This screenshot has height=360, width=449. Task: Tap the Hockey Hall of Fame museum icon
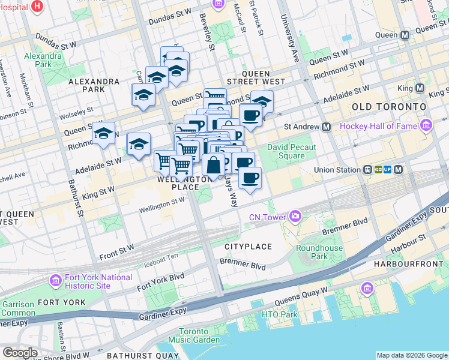tap(426, 125)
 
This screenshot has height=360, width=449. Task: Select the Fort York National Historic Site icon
tap(56, 281)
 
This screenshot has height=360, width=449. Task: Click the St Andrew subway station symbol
tap(327, 127)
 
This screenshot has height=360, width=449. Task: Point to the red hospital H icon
tap(37, 7)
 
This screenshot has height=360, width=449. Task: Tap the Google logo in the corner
tap(20, 353)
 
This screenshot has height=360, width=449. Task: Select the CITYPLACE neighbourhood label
tap(248, 247)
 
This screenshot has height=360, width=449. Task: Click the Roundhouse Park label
tap(319, 252)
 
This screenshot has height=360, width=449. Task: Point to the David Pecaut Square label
tap(294, 152)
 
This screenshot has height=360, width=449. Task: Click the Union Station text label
tap(338, 170)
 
